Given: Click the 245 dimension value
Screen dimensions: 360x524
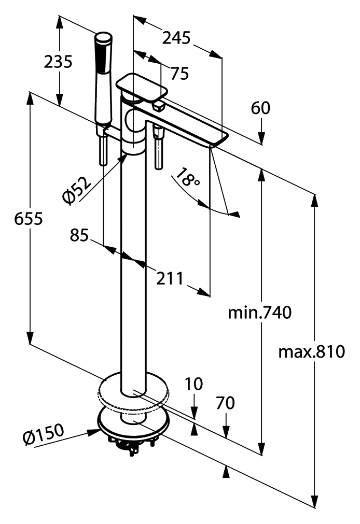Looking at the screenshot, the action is [176, 38].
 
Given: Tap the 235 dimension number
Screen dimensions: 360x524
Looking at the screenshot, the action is [58, 62].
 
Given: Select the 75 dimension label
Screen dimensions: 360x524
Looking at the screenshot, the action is [179, 74].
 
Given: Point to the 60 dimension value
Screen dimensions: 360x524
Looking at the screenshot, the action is [260, 108].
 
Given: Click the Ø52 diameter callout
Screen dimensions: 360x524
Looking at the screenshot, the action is [77, 191].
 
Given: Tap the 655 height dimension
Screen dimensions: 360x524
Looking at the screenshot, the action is [29, 219].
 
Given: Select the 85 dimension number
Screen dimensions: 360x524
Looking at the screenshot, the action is [79, 235].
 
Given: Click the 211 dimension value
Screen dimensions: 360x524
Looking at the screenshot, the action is [170, 278].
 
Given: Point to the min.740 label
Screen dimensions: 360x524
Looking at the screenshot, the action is [260, 313].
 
